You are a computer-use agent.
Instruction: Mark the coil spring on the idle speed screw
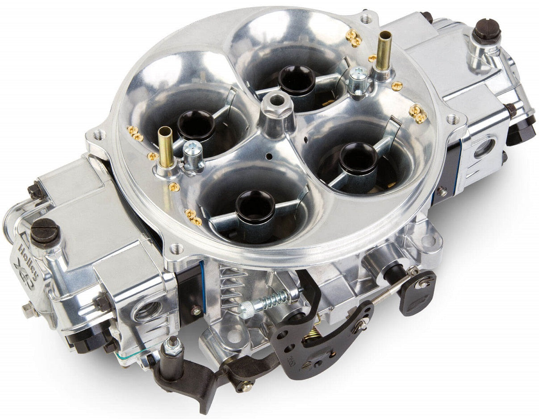pyautogui.click(x=271, y=299)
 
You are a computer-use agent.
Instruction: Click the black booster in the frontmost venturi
pyautogui.click(x=255, y=207)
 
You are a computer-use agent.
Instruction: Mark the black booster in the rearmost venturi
pyautogui.click(x=297, y=80)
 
